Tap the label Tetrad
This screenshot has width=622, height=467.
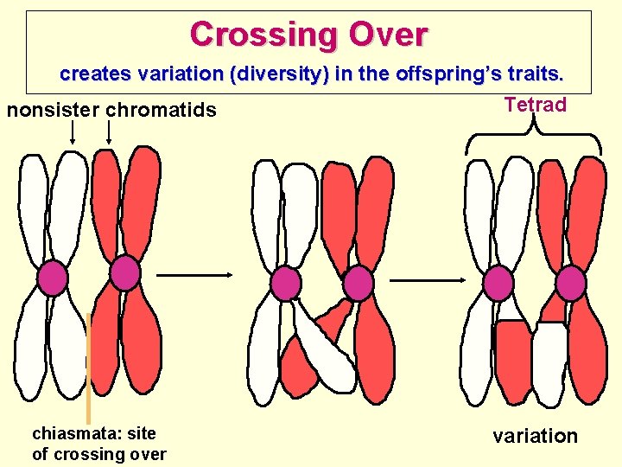point(535,106)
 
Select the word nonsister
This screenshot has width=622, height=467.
point(53,111)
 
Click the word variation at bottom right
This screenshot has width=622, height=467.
point(535,436)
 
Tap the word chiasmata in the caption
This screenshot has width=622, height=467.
point(69,433)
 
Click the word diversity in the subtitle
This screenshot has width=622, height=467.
point(278,74)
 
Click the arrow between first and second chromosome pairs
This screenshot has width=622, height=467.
point(195,275)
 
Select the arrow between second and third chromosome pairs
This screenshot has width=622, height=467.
point(429,280)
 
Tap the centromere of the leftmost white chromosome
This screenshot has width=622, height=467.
point(53,278)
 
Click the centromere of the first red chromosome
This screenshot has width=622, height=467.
point(125,273)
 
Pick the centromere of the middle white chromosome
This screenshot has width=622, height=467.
point(285,283)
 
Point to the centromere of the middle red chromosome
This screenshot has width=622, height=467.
point(358,283)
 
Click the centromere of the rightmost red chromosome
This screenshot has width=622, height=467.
point(570,283)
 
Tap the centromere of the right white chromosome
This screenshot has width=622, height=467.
point(498,283)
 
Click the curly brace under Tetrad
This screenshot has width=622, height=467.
point(534,138)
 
